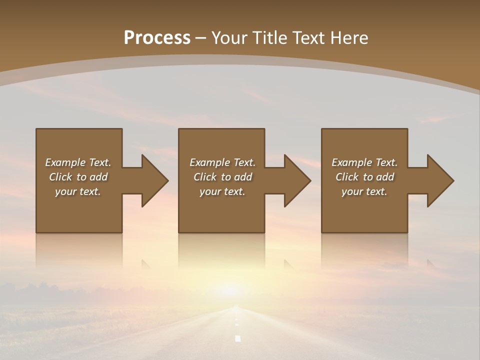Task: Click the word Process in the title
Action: point(157,38)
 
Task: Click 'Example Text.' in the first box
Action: point(78,162)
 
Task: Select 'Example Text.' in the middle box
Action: point(222,162)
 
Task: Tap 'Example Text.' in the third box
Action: point(364,162)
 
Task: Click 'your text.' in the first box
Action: point(78,191)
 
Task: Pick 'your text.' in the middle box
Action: point(222,191)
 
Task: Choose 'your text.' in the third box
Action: point(364,191)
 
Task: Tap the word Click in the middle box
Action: point(205,177)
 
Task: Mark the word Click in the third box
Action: point(347,177)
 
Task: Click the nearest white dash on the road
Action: point(238,338)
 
